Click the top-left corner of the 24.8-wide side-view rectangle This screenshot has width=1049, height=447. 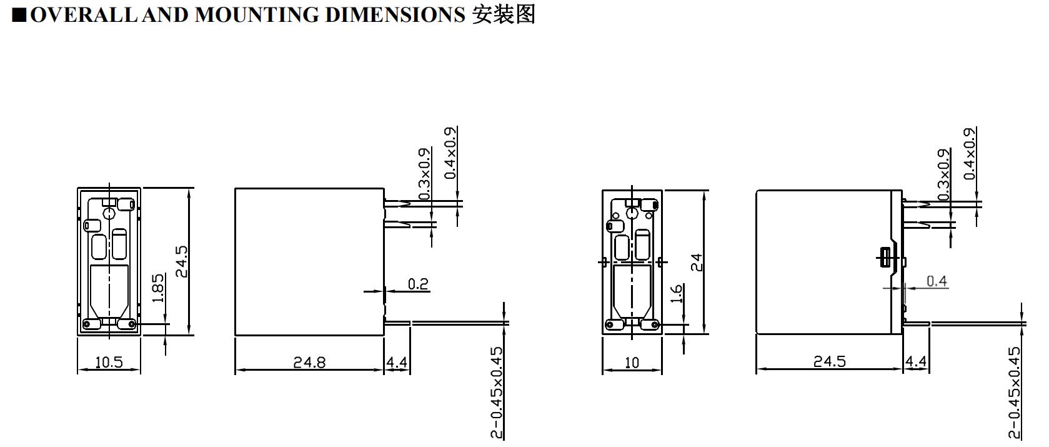click(235, 189)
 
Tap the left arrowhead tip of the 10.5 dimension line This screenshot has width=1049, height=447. click(77, 369)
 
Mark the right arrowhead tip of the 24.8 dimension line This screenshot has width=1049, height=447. click(384, 369)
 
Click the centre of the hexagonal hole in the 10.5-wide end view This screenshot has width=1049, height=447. click(109, 214)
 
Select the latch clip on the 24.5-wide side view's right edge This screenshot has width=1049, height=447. click(885, 258)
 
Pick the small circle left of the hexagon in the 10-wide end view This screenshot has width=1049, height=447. click(616, 216)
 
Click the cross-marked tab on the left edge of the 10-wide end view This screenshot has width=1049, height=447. click(604, 261)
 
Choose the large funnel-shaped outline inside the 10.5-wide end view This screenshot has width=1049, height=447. click(109, 291)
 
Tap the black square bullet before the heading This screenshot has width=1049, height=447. click(19, 16)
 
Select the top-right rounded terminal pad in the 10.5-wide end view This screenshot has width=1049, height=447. click(126, 204)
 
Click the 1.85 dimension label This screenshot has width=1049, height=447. click(158, 288)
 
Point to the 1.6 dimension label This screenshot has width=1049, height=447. click(676, 294)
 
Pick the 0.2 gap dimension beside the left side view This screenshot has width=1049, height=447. click(418, 284)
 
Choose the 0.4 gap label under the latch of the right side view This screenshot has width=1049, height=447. click(937, 281)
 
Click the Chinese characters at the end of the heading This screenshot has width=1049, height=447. click(504, 15)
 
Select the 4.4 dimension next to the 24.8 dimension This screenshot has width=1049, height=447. click(397, 362)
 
